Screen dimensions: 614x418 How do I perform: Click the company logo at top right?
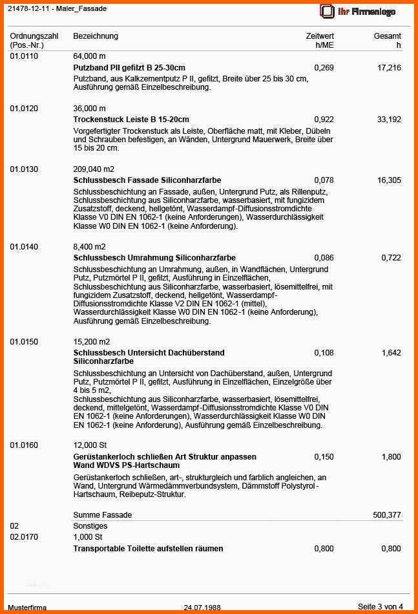point(357,11)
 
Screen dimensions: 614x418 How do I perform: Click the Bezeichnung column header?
point(96,36)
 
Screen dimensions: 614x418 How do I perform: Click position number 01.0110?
point(24,57)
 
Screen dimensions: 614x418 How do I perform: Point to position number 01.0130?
point(24,169)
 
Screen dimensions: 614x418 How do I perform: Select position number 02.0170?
point(24,537)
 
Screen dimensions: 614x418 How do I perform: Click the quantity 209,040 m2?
point(94,169)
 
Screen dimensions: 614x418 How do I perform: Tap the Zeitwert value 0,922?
point(324,120)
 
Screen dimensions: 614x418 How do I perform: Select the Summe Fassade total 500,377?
point(387,515)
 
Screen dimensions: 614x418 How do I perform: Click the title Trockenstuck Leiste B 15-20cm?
point(131,120)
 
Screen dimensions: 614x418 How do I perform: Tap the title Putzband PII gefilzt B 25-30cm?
point(129,68)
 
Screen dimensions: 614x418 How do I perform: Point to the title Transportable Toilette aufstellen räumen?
point(148,549)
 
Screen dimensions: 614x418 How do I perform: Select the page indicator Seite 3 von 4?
point(380,607)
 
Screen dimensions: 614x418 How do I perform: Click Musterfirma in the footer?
point(27,608)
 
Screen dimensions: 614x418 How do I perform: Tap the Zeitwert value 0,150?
point(324,457)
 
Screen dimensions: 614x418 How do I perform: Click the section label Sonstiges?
point(90,526)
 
